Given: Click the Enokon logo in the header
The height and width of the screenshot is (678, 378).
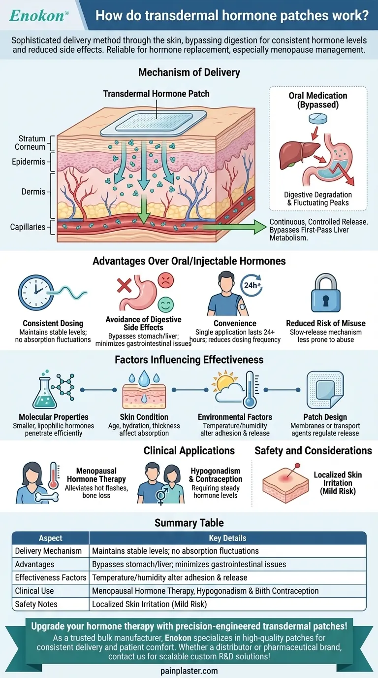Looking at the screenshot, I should (x=36, y=15).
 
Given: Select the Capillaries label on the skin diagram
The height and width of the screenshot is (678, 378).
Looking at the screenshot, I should (x=28, y=227).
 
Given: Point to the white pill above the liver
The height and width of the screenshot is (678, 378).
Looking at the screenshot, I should (x=317, y=119).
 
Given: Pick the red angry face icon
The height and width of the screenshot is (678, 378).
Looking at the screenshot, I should (x=165, y=281).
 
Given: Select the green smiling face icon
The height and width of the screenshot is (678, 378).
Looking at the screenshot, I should (x=166, y=305).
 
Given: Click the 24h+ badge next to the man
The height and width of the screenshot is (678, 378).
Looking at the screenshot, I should (x=249, y=285).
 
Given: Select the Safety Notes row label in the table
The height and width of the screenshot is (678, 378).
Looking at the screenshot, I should (x=36, y=604).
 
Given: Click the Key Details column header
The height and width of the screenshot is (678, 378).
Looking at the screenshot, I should (x=227, y=538).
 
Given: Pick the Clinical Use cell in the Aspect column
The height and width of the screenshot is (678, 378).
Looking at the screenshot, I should (x=34, y=591).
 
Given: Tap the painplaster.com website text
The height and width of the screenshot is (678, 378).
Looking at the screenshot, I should (x=189, y=671).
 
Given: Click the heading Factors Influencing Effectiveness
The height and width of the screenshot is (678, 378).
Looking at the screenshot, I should (x=189, y=360).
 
